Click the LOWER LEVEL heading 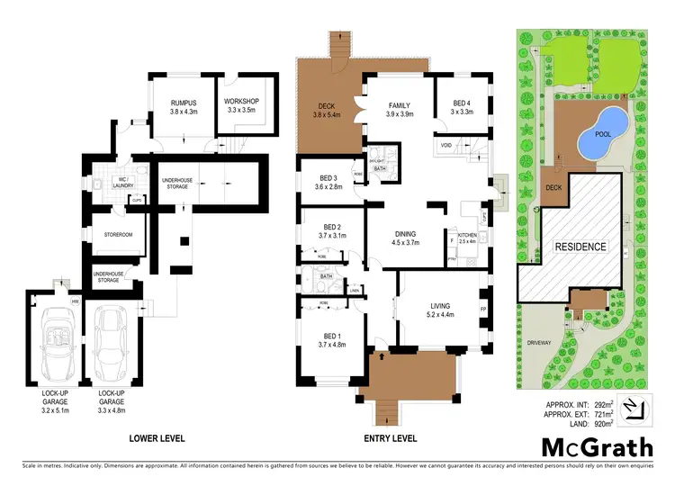coord(157,438)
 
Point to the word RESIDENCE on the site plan coord(580,247)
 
